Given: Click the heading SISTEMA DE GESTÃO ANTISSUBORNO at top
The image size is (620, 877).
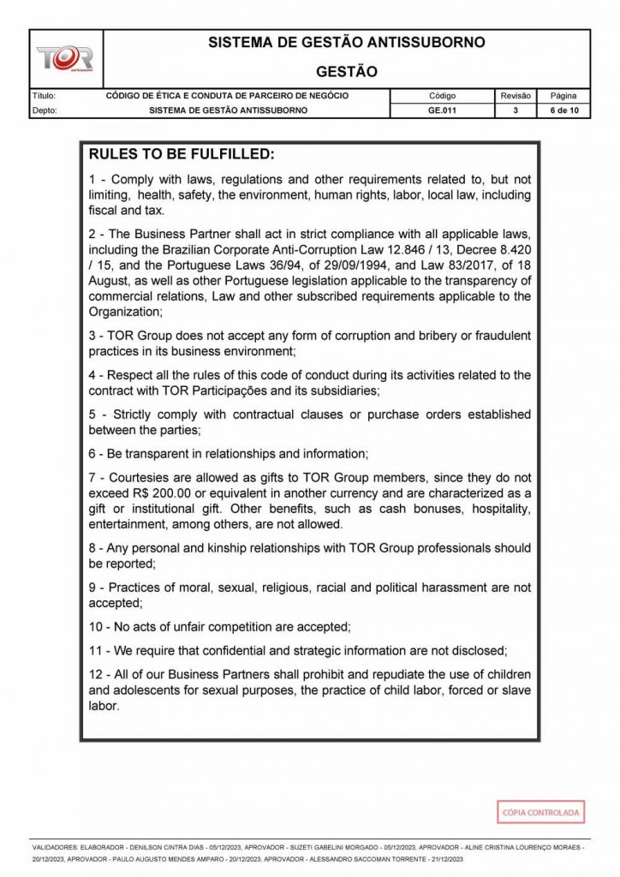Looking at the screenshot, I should coord(346,42).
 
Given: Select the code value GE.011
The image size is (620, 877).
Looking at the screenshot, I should coord(442,110).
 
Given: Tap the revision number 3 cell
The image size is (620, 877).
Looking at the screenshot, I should coord(516,110).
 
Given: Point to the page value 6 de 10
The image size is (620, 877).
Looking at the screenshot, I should coord(563,110).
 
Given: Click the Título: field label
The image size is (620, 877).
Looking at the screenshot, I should coord(44,96).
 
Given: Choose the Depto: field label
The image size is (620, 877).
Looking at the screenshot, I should coord(44,110).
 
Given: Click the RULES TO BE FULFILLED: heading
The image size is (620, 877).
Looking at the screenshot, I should coord(182,155).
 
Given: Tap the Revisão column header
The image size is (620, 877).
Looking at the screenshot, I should coord(516,96).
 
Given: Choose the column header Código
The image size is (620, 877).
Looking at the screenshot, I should coord(442,96).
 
